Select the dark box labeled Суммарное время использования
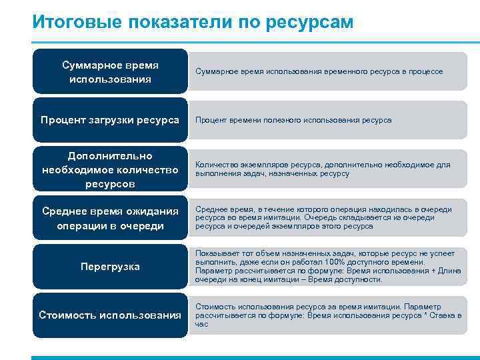point(110,72)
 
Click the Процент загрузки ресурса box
point(110,120)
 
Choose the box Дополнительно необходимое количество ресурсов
point(110,169)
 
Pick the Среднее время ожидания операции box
point(110,218)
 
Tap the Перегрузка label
point(110,267)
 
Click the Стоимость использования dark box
point(110,315)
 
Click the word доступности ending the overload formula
point(359,279)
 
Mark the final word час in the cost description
point(201,324)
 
